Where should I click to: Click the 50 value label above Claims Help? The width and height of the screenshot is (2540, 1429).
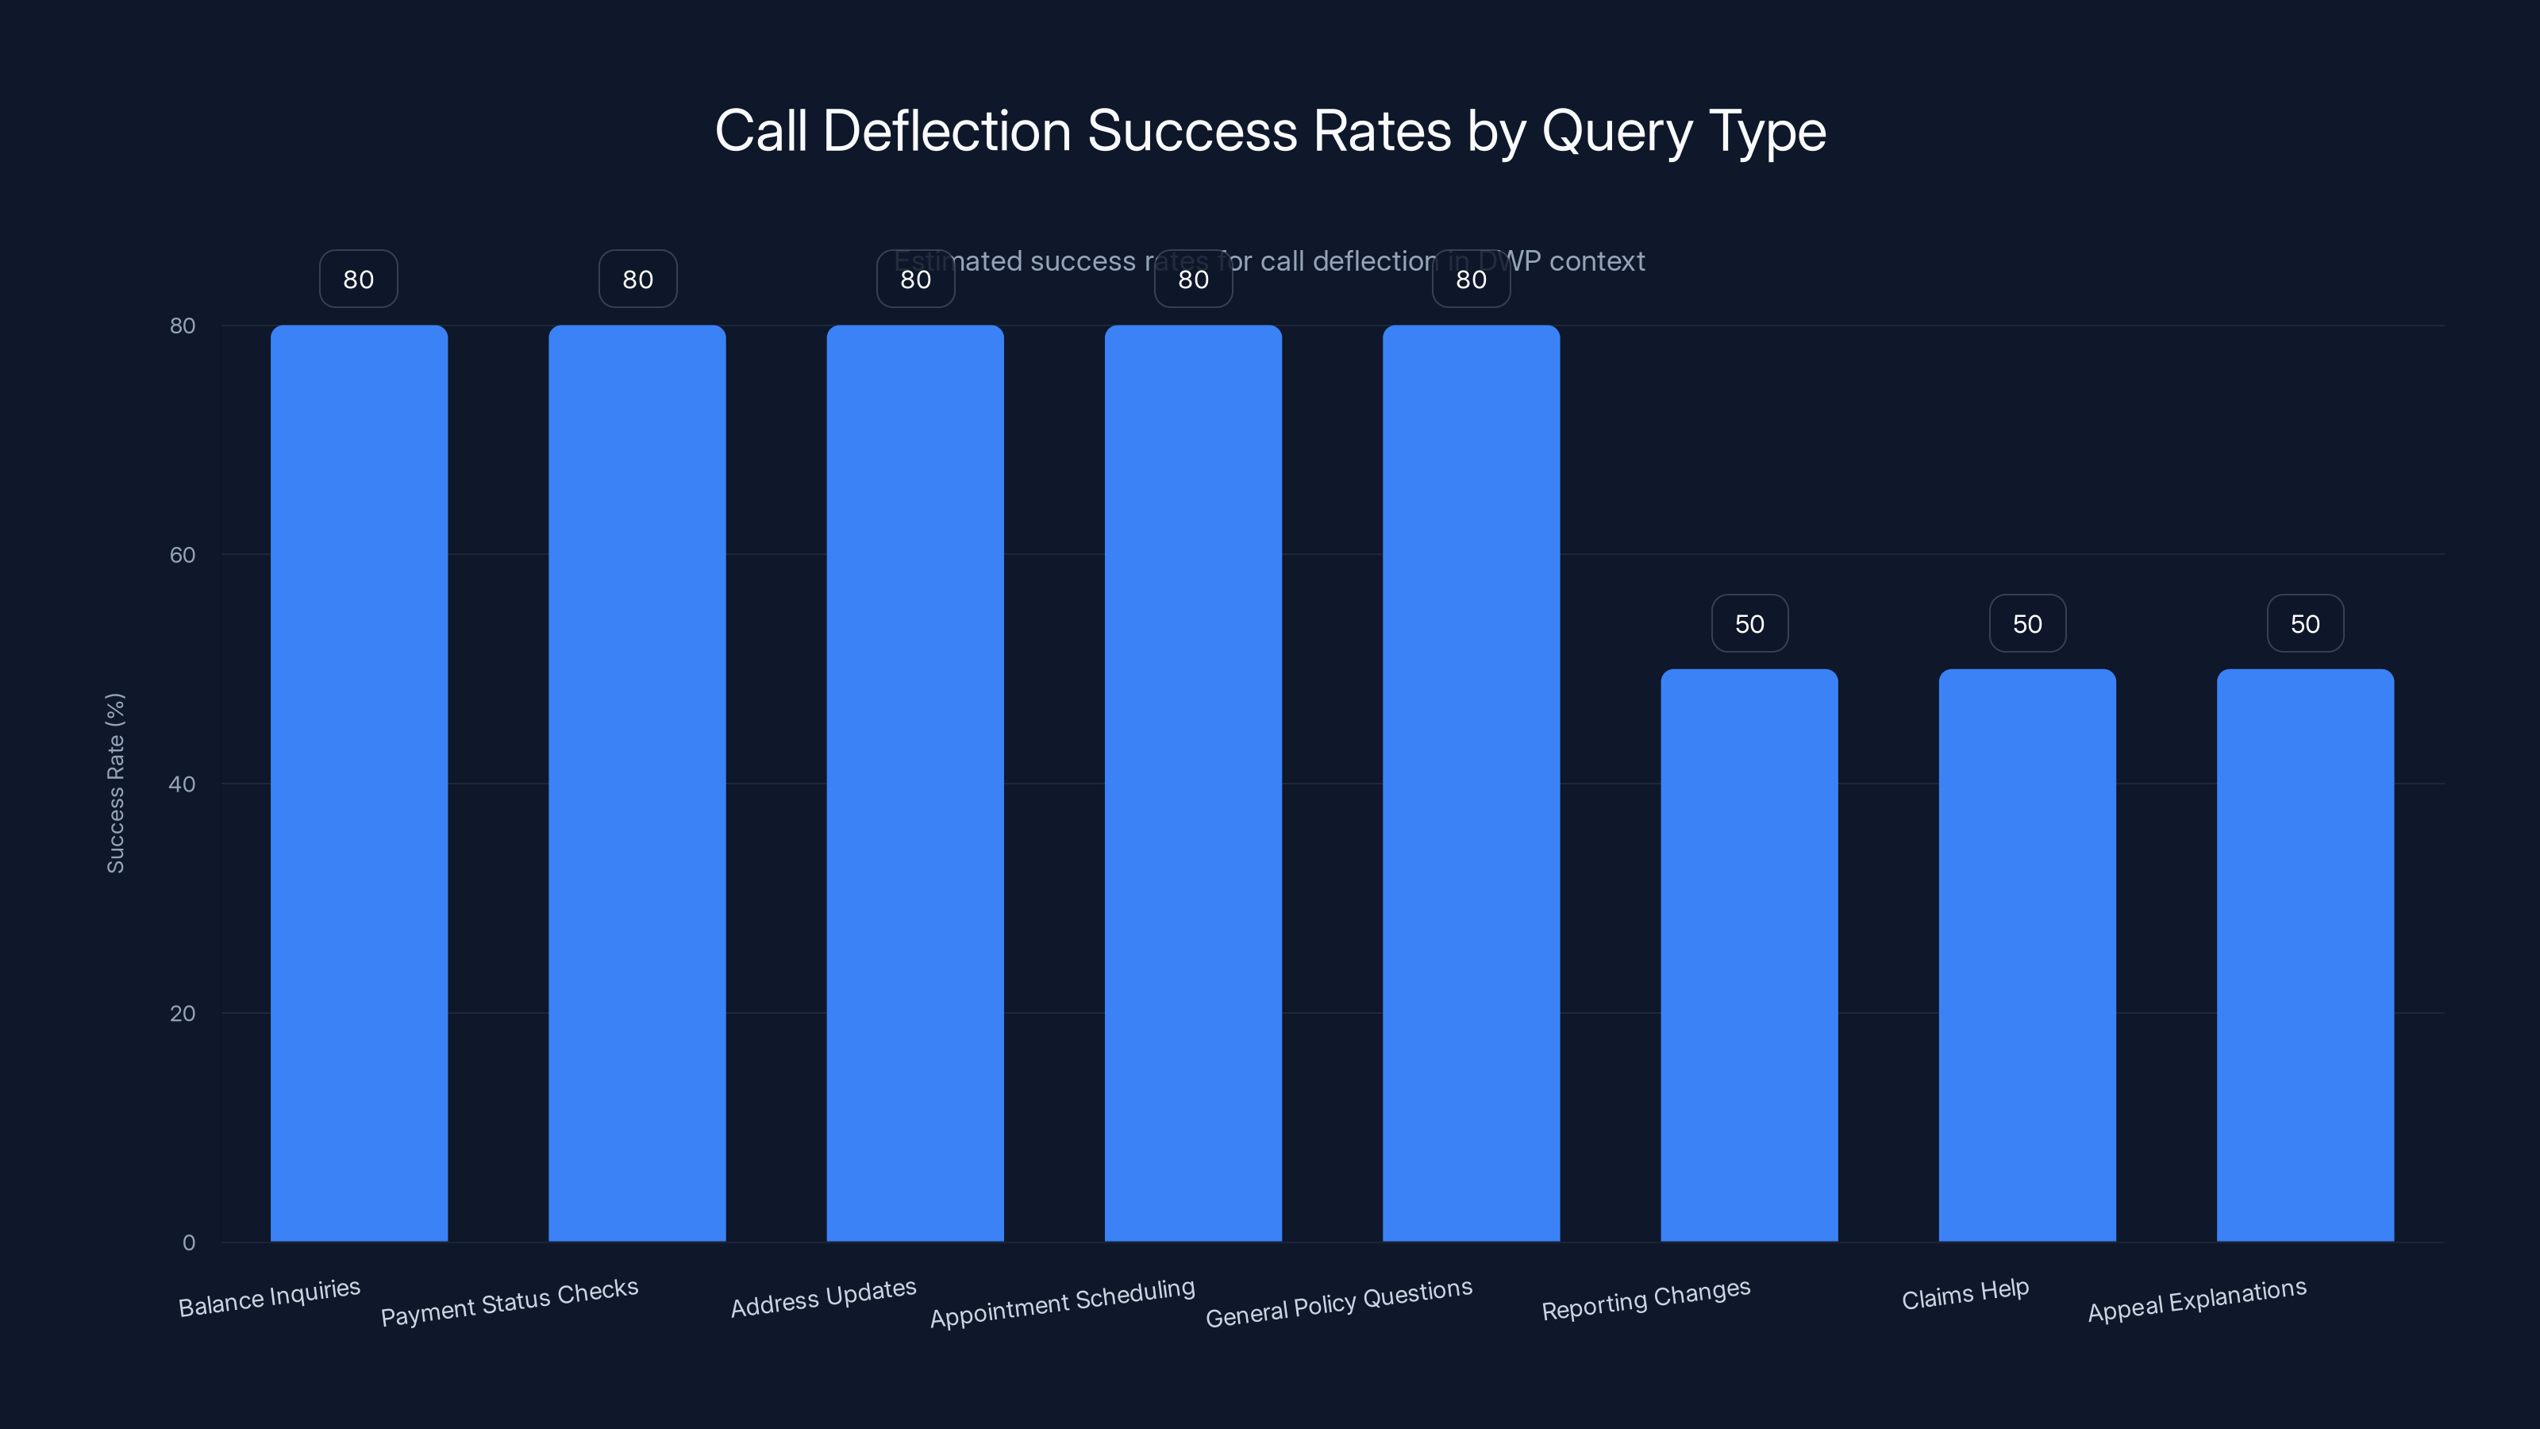coord(2027,623)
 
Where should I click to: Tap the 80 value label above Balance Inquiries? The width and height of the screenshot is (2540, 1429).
coord(359,279)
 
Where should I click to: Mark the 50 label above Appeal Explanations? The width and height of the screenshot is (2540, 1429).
coord(2305,623)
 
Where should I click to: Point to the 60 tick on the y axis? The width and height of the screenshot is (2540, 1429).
coord(183,555)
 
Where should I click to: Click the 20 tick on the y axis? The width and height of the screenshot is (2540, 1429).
coord(183,1014)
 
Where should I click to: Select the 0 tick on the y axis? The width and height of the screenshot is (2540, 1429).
coord(188,1242)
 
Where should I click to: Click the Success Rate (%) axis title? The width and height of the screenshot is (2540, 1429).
coord(115,783)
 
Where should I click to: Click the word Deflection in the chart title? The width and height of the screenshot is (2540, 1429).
coord(945,131)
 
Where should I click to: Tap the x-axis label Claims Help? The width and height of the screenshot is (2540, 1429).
coord(1965,1295)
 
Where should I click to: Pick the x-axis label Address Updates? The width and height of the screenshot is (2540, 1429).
coord(823,1298)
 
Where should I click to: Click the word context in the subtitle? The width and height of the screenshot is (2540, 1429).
coord(1596,261)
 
